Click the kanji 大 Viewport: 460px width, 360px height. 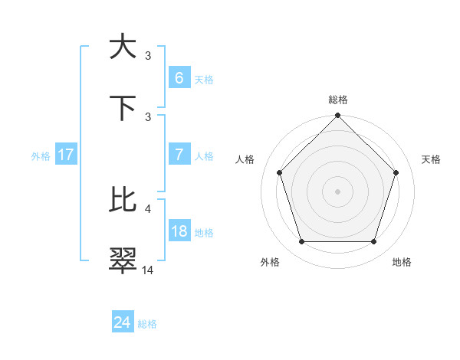click(x=123, y=47)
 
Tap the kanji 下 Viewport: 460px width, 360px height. click(x=123, y=108)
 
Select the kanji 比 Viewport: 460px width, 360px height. click(x=123, y=200)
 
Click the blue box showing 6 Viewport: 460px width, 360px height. click(x=179, y=78)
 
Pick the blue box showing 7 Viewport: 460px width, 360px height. click(x=179, y=155)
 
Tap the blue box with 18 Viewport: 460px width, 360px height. click(x=179, y=231)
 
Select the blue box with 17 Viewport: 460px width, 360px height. click(x=66, y=155)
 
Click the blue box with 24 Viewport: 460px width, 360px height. click(x=123, y=322)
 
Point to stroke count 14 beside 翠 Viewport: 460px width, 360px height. click(x=148, y=270)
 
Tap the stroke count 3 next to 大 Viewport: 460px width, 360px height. click(x=148, y=55)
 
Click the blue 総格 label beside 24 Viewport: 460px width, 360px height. click(x=147, y=324)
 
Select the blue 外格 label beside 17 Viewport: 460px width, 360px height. click(x=41, y=155)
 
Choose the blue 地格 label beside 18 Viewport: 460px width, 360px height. click(x=204, y=232)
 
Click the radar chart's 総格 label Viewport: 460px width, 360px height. click(x=338, y=100)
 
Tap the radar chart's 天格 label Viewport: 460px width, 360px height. click(x=431, y=159)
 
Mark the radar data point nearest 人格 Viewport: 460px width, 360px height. click(x=280, y=172)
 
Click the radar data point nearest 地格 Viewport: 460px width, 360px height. click(x=374, y=242)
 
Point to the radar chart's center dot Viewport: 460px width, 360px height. click(x=338, y=191)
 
